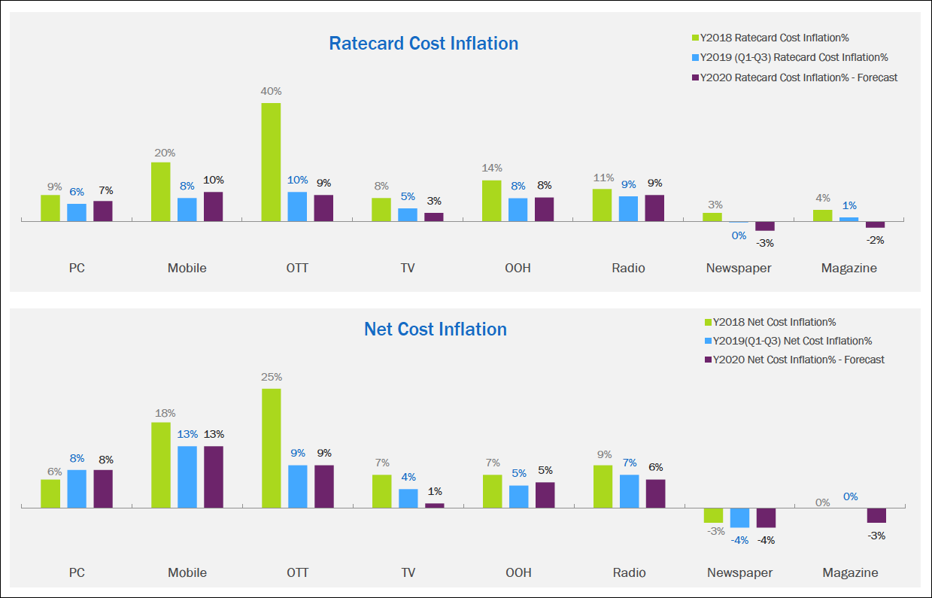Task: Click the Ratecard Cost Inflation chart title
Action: click(423, 44)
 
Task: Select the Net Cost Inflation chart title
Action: click(435, 329)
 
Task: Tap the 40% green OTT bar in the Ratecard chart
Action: click(271, 162)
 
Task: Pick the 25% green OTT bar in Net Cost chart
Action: click(271, 448)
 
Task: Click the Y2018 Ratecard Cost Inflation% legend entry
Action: click(773, 38)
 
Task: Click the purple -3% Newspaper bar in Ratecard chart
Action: click(764, 226)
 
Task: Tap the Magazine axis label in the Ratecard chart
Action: click(849, 268)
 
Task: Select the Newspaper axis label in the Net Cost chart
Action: click(739, 572)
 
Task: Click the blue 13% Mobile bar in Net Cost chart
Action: click(187, 477)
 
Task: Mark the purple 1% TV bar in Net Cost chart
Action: click(435, 505)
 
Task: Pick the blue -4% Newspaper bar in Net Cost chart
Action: click(739, 518)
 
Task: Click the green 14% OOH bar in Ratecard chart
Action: click(491, 201)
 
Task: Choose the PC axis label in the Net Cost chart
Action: click(77, 572)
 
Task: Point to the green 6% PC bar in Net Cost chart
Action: click(50, 493)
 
